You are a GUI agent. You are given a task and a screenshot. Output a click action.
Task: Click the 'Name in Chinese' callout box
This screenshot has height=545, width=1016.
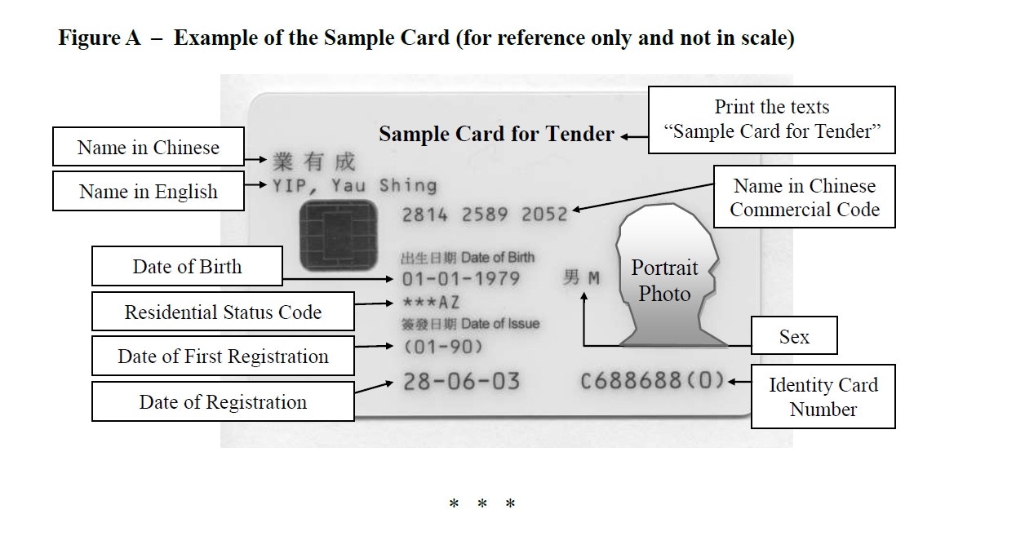[x=148, y=147]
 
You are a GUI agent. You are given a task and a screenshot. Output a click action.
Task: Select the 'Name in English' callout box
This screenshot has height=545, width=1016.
[x=148, y=191]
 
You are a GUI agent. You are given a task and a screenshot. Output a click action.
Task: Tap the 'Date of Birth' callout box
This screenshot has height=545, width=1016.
[x=187, y=267]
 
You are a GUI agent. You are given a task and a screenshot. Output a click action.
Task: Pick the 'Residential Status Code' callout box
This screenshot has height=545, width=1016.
[x=223, y=312]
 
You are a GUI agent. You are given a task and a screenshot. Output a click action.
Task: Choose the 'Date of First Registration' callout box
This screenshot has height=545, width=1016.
[x=223, y=357]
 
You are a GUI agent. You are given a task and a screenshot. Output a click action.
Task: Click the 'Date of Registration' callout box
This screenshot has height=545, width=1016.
[x=223, y=401]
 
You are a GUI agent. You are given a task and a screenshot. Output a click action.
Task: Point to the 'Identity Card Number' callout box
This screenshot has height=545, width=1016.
[x=823, y=397]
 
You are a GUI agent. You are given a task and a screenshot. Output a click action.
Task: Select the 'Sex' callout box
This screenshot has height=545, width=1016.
[x=793, y=335]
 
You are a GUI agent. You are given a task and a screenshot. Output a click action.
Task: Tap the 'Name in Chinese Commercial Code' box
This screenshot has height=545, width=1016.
[x=804, y=197]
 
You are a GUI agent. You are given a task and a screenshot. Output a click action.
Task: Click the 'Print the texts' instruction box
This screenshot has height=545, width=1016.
[x=771, y=119]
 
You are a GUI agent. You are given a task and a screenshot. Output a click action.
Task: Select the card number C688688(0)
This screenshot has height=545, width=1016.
[x=652, y=381]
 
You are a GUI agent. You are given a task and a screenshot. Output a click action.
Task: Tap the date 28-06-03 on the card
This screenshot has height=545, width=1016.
[x=461, y=381]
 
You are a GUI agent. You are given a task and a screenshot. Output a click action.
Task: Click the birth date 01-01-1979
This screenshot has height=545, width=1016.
[x=460, y=279]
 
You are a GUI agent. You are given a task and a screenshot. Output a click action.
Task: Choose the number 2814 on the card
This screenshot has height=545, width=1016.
[x=424, y=215]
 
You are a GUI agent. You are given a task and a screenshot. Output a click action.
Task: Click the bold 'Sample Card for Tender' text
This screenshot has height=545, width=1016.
[x=496, y=134]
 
